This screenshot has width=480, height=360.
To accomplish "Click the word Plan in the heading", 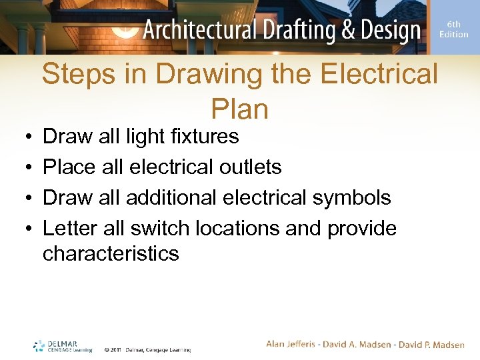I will click(x=239, y=109).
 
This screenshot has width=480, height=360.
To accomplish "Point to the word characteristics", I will click(x=111, y=253).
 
